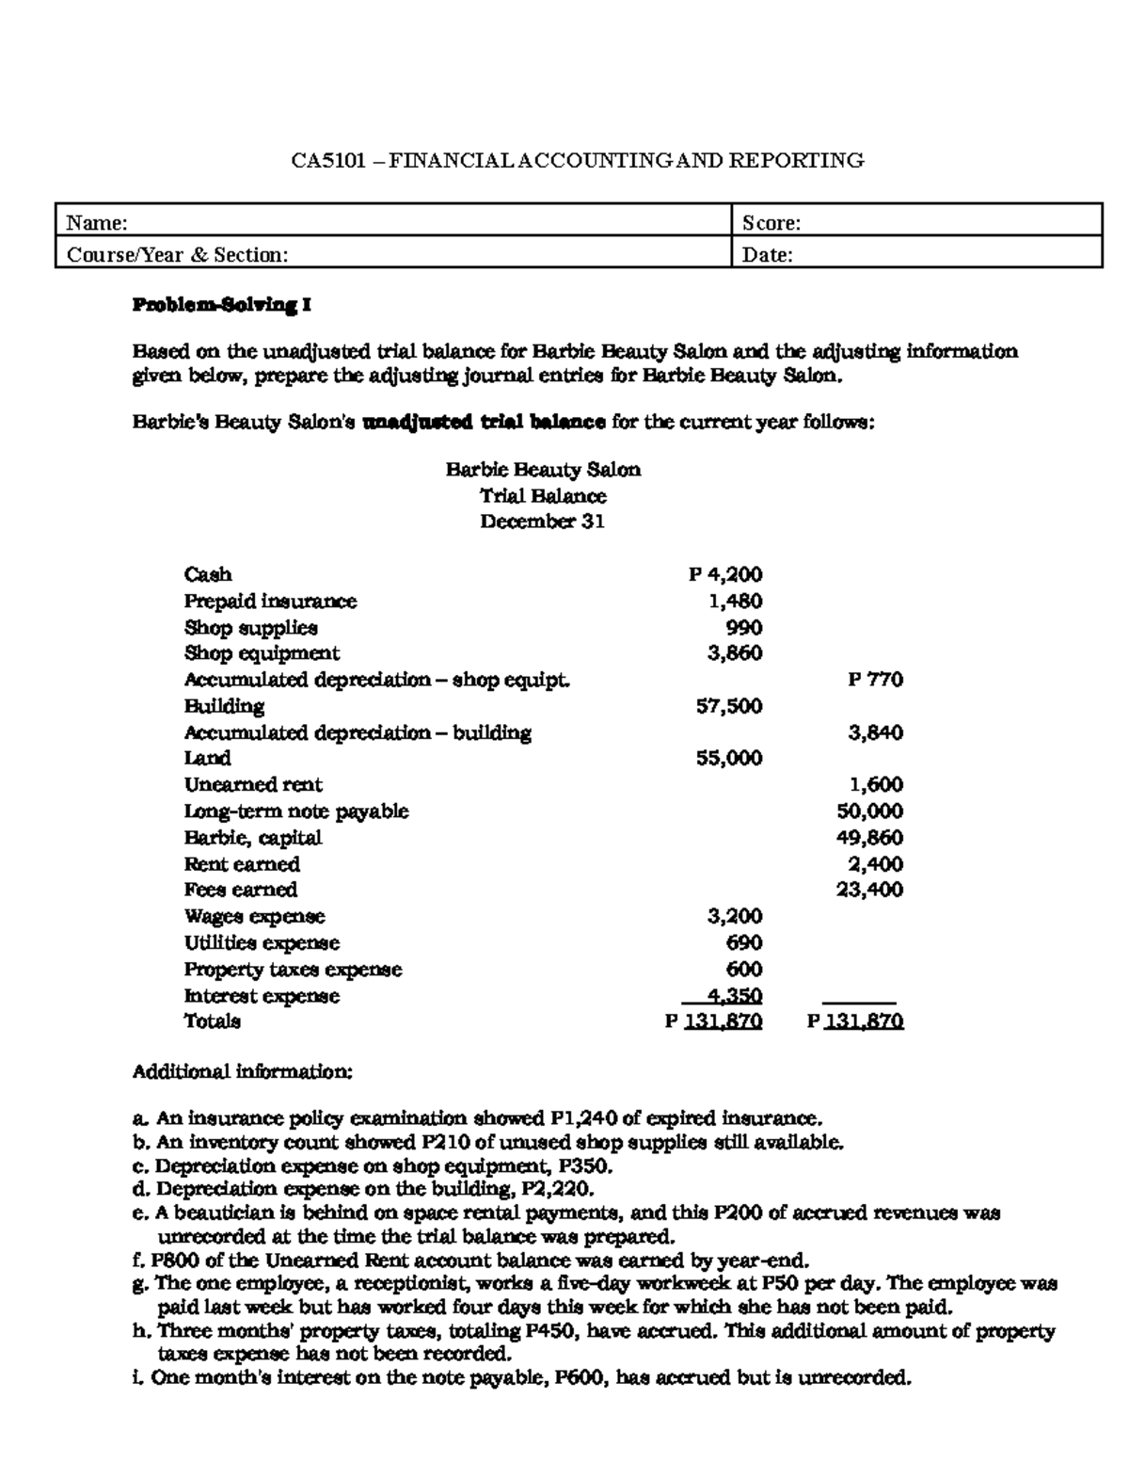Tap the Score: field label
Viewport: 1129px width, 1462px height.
tap(771, 223)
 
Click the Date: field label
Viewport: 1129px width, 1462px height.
tap(768, 255)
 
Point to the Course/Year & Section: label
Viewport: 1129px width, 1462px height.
tap(177, 255)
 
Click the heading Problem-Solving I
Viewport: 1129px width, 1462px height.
tap(221, 305)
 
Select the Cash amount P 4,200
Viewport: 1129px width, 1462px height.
tap(725, 574)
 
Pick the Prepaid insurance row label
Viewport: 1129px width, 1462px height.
tap(270, 601)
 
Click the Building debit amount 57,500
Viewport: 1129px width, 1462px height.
tap(729, 706)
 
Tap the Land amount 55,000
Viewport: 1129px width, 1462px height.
tap(729, 758)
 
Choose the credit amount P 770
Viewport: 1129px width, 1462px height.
tap(875, 680)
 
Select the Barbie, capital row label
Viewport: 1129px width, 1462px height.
tap(252, 838)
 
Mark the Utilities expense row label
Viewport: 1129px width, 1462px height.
tap(262, 942)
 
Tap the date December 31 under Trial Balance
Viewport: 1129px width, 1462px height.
tap(542, 522)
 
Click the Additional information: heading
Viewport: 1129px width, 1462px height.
tap(242, 1071)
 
